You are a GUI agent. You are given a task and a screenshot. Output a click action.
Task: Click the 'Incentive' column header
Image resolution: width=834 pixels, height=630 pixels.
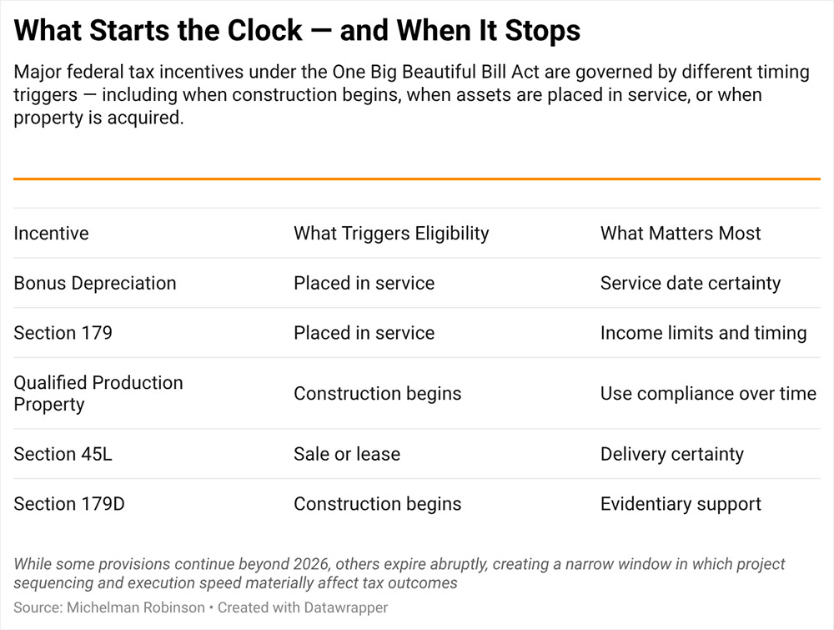pos(51,233)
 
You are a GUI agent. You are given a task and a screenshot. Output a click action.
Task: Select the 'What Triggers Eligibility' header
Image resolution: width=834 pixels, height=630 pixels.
pos(391,233)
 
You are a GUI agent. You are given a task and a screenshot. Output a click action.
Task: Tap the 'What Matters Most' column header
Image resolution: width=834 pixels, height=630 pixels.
pos(681,233)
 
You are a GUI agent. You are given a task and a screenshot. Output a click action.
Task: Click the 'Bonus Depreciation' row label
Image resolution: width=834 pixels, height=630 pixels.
pos(95,283)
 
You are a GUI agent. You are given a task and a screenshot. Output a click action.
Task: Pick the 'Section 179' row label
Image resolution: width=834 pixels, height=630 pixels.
pos(63,333)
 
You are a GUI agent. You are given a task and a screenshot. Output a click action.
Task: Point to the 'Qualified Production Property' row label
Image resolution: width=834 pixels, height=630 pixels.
pos(98,393)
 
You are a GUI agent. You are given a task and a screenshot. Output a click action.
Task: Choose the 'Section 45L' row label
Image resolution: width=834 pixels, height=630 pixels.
pos(63,454)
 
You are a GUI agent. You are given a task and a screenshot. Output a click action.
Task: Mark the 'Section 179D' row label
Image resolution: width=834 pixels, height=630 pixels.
pos(69,504)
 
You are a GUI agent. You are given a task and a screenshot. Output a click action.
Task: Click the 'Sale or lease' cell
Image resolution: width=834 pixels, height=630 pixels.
pos(347,454)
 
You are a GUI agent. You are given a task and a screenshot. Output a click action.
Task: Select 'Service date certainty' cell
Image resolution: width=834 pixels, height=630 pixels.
pos(691,283)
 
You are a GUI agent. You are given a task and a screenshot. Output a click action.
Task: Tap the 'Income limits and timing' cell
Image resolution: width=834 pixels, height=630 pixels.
pos(703,333)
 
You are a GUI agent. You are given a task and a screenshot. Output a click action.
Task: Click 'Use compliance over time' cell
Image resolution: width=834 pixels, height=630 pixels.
pos(708,393)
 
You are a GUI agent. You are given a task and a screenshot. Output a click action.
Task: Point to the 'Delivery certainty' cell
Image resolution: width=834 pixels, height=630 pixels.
pos(671,454)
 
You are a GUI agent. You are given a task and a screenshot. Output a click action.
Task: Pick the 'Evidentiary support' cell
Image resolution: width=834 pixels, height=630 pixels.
pos(681,504)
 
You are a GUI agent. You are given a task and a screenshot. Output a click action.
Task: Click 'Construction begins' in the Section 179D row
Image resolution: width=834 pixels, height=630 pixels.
pos(377,504)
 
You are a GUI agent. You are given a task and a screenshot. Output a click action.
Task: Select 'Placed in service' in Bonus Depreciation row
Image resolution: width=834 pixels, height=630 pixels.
pos(364,283)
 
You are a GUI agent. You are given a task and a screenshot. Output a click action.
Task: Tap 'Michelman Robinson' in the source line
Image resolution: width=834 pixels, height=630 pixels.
pos(133,607)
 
